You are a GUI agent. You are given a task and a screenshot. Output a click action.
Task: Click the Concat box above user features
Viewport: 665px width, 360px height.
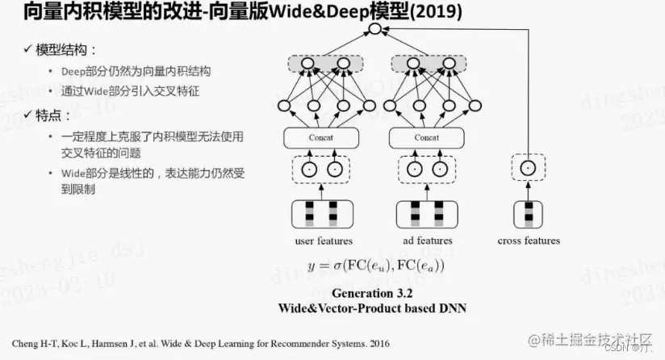pos(321,138)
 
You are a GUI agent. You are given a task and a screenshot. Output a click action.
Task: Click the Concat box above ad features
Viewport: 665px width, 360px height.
pos(426,138)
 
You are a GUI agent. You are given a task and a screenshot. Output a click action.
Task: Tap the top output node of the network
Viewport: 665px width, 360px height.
pos(374,30)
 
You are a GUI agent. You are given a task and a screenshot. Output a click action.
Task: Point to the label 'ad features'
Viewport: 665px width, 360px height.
pos(427,241)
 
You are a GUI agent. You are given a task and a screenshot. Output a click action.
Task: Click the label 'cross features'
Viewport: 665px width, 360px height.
pos(529,241)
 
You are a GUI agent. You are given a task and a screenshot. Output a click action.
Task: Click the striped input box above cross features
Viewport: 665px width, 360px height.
pos(528,212)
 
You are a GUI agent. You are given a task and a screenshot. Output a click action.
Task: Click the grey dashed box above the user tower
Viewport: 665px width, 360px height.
pos(321,63)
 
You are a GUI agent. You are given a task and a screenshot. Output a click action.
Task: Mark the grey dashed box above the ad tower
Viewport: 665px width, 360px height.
pos(426,63)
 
